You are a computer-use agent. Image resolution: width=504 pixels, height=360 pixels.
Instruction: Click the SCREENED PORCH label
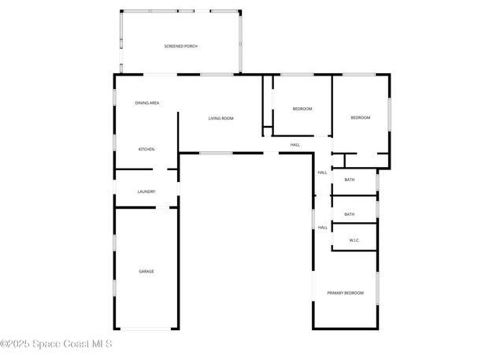coord(180,46)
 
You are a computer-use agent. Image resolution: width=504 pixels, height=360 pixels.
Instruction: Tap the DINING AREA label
coord(147,102)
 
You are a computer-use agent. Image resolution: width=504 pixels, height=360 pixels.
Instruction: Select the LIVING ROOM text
coord(220,118)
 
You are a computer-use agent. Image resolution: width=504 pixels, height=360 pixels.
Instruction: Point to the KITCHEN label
coord(146,149)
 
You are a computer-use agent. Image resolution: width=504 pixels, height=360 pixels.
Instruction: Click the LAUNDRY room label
coord(146,191)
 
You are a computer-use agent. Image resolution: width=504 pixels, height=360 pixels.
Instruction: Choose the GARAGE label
coord(146,271)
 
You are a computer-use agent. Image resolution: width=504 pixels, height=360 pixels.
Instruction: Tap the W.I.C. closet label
coord(354,239)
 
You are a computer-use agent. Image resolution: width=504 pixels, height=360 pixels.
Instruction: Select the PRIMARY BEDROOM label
coord(346,293)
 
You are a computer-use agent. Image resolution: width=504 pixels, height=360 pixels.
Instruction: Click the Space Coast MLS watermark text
coord(57,343)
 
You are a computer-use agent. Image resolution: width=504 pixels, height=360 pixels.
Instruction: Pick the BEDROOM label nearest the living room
coord(302,109)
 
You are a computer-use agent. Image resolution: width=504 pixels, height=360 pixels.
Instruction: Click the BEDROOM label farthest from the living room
coord(360,117)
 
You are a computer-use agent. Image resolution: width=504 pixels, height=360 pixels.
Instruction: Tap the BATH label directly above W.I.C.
coord(349,214)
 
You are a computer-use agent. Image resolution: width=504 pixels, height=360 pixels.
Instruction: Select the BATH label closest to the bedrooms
coord(349,180)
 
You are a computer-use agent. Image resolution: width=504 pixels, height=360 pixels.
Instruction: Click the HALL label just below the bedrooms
coord(295,145)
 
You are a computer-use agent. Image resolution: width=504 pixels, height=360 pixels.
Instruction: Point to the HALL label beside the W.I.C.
coord(322,228)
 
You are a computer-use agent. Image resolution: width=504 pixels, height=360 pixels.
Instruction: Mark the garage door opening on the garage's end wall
coord(146,328)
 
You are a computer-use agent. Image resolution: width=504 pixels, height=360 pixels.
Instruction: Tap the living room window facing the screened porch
coord(216,75)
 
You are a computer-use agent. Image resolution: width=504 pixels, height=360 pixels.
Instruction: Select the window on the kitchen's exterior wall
coord(115,146)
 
